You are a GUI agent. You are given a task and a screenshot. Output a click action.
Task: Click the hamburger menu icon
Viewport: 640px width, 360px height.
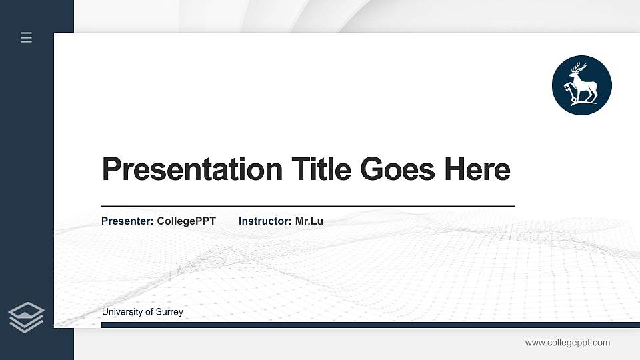pos(26,37)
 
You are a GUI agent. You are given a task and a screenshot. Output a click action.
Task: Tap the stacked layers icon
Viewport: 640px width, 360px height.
pos(26,317)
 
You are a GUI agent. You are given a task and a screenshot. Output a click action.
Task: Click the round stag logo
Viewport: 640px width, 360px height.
pos(581,85)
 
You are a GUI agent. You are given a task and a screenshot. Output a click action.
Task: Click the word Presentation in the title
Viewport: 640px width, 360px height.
pos(192,169)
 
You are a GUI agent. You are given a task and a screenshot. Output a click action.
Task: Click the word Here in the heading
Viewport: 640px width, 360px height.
pos(477,169)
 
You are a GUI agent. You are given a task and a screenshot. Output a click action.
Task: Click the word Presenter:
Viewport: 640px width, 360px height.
pos(127,221)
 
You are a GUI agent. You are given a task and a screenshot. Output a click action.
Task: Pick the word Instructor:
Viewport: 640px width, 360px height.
pos(264,221)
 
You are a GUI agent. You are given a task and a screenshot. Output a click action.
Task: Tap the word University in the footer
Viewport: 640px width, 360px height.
pos(121,312)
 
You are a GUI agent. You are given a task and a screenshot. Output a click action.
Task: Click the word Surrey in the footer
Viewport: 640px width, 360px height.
pos(169,312)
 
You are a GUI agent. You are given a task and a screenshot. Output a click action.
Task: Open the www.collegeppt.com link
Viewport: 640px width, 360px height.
pos(567,343)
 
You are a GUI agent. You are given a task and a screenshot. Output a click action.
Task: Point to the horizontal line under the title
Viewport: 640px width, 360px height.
pos(308,206)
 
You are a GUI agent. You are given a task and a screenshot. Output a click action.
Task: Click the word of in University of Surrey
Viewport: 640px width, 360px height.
pos(147,312)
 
